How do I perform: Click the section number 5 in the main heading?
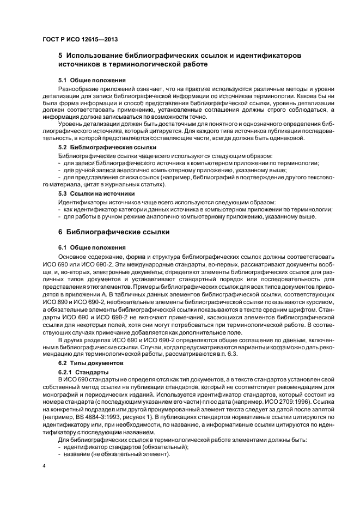tap(60, 56)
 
